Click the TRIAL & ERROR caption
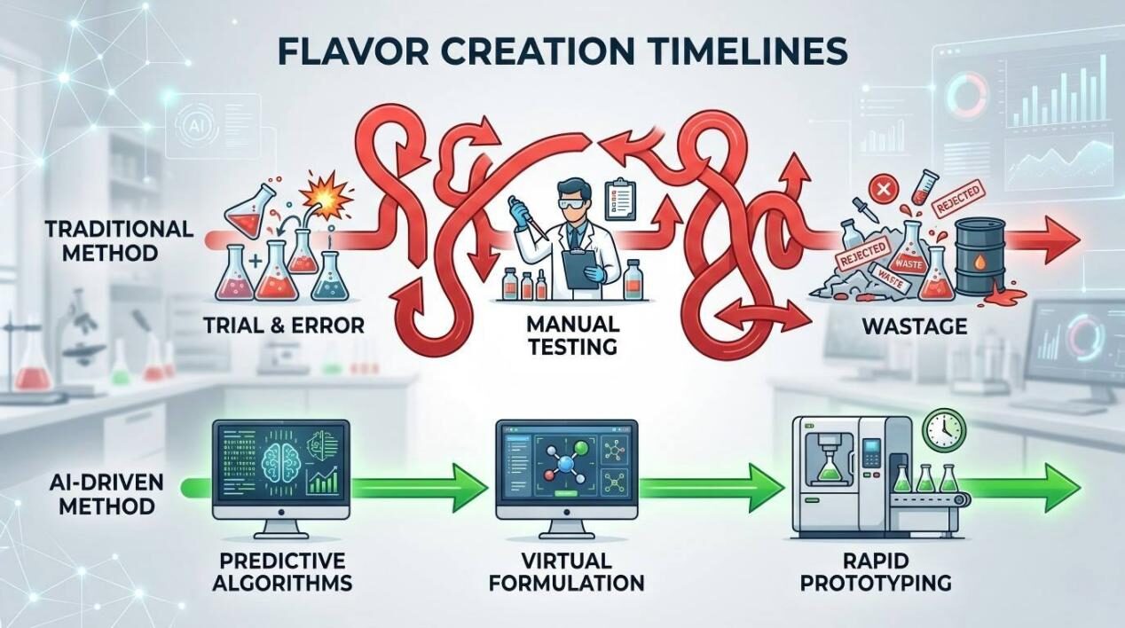coord(284,326)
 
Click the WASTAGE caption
coord(914,326)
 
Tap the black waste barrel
coord(979,251)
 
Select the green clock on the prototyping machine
coord(943,430)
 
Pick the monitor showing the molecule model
coord(566,469)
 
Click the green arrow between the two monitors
coord(417,486)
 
